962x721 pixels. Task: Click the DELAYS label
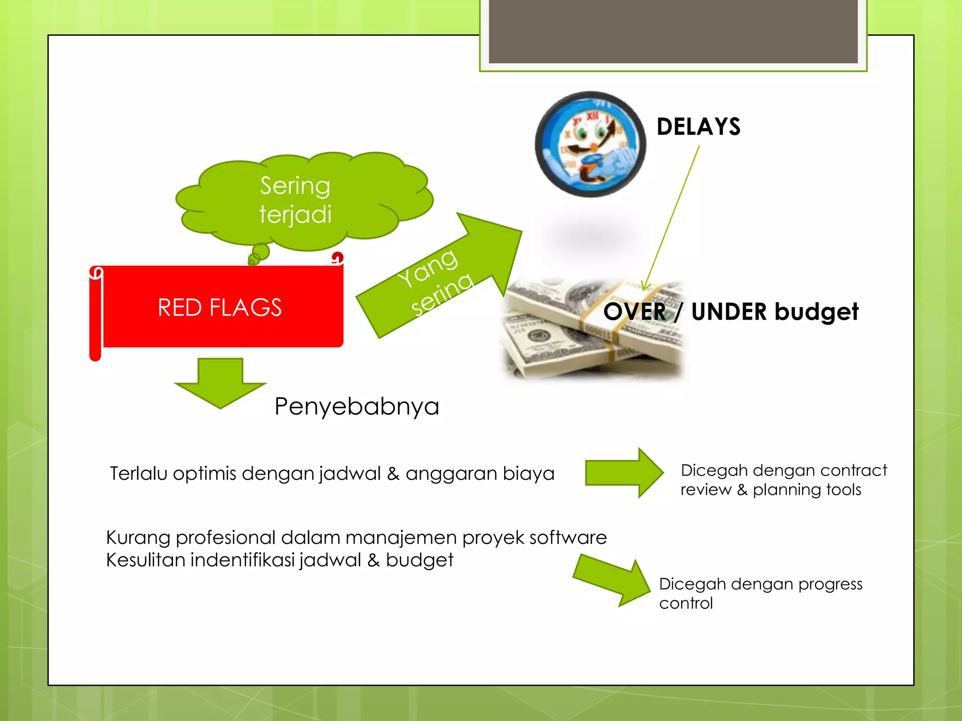coord(698,127)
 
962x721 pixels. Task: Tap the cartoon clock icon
coord(590,144)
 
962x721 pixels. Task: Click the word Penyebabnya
coord(357,407)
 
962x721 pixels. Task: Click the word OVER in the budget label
coord(634,312)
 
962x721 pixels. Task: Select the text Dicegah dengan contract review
coord(783,480)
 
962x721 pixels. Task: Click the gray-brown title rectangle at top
coord(673,31)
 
